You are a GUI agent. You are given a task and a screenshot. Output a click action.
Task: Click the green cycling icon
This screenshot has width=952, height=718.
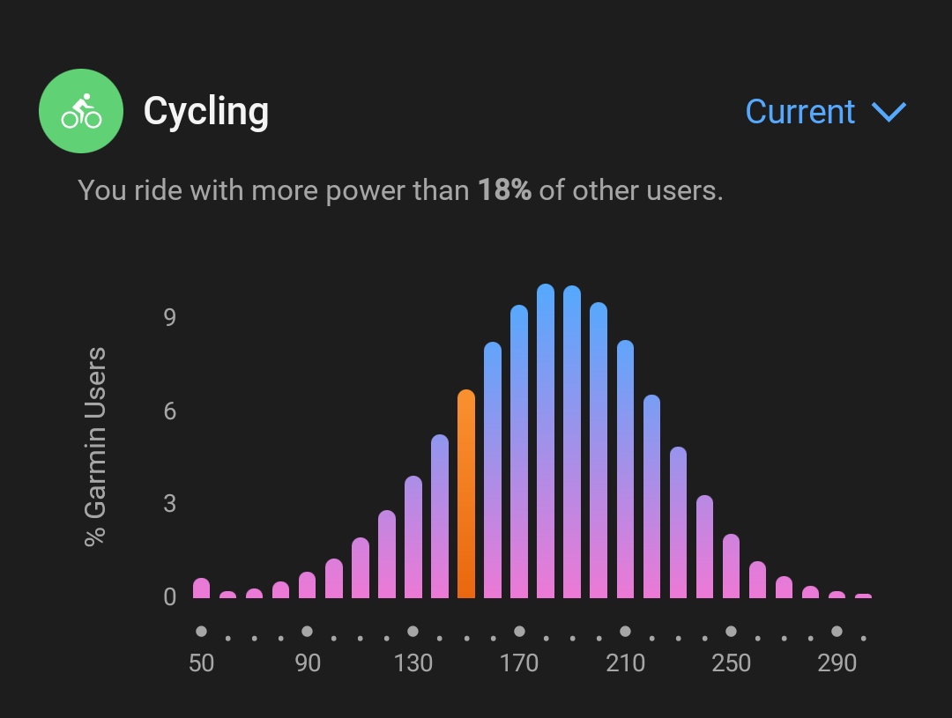(x=81, y=111)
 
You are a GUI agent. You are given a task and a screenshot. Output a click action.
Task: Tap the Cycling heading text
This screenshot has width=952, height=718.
(x=205, y=112)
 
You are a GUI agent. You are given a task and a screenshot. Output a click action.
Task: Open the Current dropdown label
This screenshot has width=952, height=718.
(x=800, y=112)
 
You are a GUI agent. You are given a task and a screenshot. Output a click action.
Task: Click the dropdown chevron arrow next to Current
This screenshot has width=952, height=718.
(x=889, y=112)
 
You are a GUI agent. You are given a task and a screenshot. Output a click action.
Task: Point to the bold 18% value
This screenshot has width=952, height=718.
(x=504, y=190)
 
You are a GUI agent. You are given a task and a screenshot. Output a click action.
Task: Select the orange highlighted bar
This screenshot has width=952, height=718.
(x=466, y=494)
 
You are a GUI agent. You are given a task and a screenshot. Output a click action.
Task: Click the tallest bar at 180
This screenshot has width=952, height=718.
(x=546, y=441)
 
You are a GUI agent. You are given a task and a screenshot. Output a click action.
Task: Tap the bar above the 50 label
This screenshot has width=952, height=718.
(x=202, y=588)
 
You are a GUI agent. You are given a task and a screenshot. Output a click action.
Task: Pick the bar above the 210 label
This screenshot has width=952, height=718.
(x=625, y=470)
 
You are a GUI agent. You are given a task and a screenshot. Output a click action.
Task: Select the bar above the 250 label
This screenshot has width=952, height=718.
(x=731, y=566)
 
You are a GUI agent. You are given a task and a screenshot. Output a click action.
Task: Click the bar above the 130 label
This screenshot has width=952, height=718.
(x=413, y=537)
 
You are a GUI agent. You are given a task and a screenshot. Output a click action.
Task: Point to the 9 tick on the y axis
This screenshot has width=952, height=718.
(x=169, y=317)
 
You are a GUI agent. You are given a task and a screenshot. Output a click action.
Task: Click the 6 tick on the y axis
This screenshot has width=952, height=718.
(x=169, y=411)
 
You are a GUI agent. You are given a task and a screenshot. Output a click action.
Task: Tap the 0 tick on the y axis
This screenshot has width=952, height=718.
(x=169, y=597)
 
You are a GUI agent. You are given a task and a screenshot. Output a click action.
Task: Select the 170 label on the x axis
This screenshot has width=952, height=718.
(x=519, y=662)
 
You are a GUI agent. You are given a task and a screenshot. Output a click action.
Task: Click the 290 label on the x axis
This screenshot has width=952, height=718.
(x=837, y=662)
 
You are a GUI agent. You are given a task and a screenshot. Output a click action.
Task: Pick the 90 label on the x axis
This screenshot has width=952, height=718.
(x=308, y=662)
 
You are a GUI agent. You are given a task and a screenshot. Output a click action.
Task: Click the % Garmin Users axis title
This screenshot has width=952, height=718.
(x=95, y=447)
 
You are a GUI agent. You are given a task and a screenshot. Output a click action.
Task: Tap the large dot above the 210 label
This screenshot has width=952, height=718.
(x=625, y=631)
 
